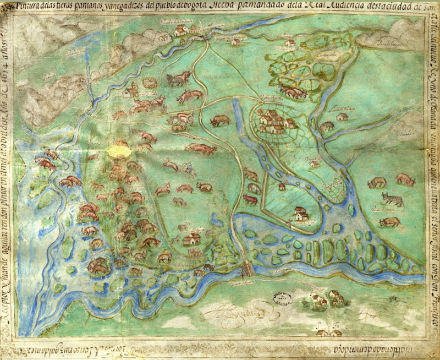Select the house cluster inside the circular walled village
272,119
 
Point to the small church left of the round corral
131,90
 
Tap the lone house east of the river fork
342,116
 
